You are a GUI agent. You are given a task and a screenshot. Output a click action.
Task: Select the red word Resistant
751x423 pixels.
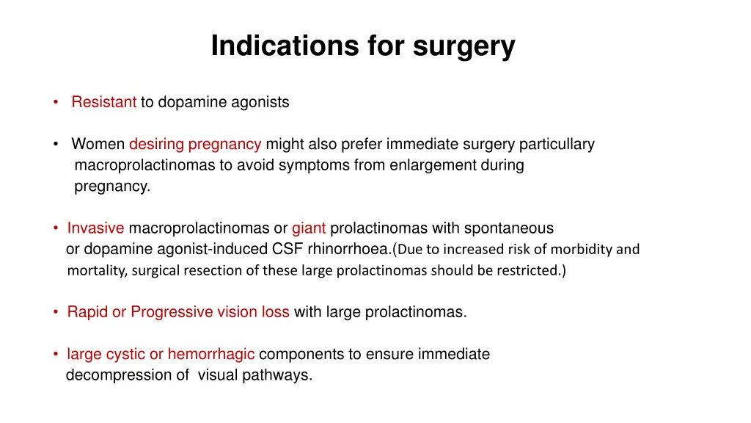pos(103,103)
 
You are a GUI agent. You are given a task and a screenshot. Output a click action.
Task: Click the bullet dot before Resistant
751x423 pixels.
pos(56,103)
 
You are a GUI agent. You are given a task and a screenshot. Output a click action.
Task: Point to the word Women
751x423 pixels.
pos(98,144)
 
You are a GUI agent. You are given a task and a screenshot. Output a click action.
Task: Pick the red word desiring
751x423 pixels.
pos(156,144)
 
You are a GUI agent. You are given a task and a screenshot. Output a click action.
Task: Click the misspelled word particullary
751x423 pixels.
pos(560,144)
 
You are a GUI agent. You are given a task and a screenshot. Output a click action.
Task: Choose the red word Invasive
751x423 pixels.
pos(95,228)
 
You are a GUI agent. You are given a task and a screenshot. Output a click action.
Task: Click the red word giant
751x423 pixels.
pos(309,228)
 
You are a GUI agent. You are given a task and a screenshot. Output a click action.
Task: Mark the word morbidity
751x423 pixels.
pos(582,249)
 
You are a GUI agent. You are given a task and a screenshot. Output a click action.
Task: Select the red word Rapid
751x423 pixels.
pos(87,312)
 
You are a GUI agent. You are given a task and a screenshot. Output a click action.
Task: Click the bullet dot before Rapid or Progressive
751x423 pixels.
pos(56,312)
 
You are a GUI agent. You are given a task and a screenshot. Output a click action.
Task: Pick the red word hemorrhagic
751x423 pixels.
pos(211,355)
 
